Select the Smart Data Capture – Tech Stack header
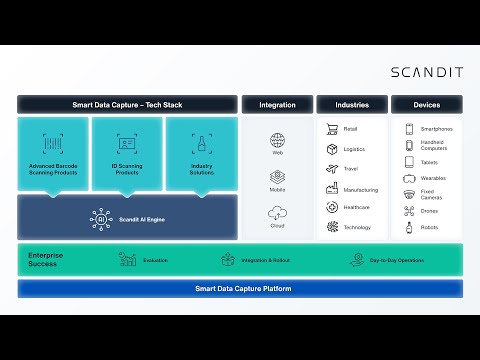[127, 104]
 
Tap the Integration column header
[277, 104]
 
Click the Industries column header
[352, 104]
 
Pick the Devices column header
[427, 104]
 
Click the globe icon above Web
[277, 139]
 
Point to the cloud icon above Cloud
[277, 212]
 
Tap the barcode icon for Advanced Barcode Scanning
[53, 142]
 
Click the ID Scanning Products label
[127, 170]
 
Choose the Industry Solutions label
[201, 170]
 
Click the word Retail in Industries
[351, 129]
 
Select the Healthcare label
[357, 208]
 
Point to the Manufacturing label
[361, 188]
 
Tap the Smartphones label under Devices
[437, 129]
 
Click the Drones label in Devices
[431, 211]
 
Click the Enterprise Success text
[47, 260]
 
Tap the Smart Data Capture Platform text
[240, 288]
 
